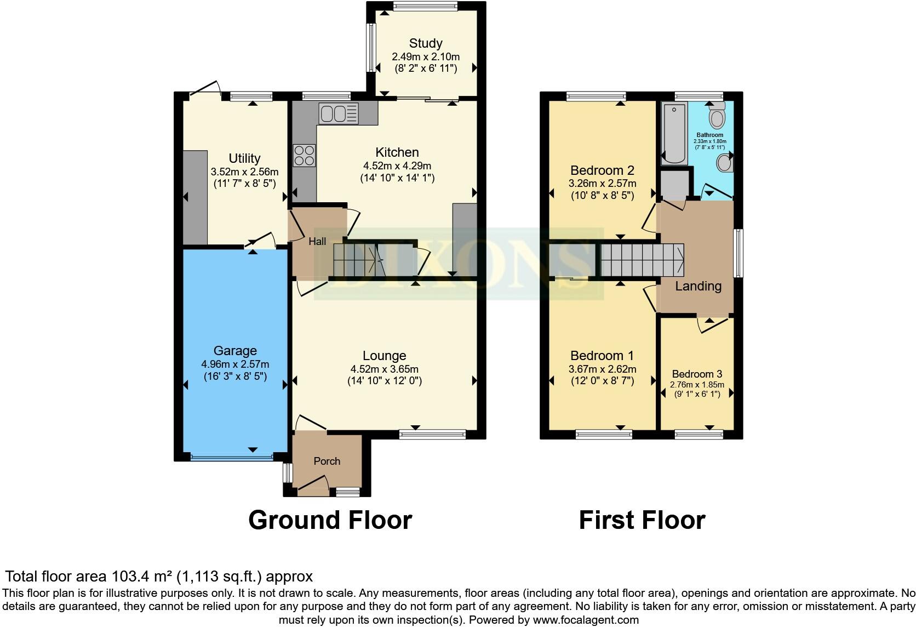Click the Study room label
[x=426, y=43]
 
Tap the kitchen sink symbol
[x=339, y=114]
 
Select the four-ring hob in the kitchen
[x=305, y=155]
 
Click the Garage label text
[x=235, y=351]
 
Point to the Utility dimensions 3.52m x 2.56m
[x=244, y=172]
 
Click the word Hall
[x=317, y=241]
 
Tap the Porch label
[x=327, y=461]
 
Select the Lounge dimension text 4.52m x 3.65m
[x=385, y=369]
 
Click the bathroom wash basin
[x=725, y=163]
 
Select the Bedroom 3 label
[x=697, y=374]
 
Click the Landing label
[x=698, y=286]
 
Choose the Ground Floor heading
[x=330, y=520]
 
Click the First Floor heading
[x=642, y=520]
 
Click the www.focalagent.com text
[x=586, y=620]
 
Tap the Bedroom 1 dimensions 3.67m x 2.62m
[x=602, y=369]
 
